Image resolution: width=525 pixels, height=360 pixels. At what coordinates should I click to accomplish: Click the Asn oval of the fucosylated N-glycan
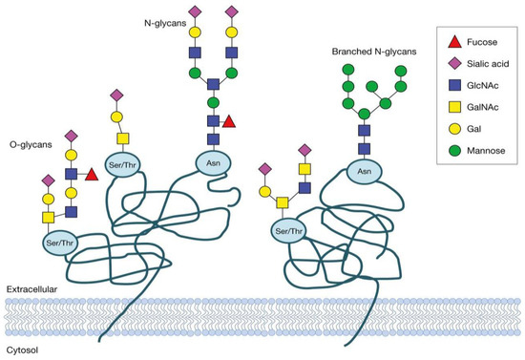(216, 160)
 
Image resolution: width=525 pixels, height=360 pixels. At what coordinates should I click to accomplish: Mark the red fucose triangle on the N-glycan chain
(229, 121)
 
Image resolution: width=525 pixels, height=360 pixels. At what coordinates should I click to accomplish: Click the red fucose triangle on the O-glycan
(91, 175)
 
